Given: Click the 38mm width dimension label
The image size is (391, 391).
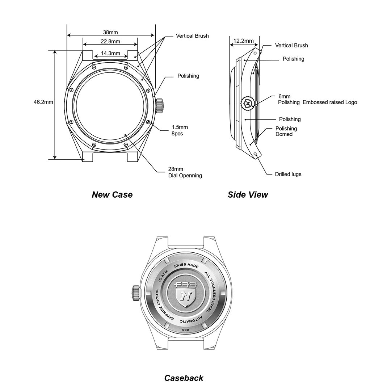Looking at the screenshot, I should (x=110, y=32).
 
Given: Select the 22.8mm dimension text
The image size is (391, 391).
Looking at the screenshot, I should (x=110, y=41).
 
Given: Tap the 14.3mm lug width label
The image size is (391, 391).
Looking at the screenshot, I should (x=110, y=53).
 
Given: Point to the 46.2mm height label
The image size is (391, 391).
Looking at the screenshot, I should (x=43, y=102).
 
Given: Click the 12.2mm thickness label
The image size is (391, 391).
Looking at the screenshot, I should (x=244, y=41).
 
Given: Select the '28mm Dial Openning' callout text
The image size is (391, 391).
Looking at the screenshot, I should (x=185, y=172).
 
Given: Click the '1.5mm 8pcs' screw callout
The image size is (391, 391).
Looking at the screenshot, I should (x=180, y=130).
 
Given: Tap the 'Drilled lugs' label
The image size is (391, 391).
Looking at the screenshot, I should (x=288, y=174).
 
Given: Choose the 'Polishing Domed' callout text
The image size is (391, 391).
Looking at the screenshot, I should (x=286, y=131).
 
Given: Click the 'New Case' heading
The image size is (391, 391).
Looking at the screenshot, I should (x=112, y=195).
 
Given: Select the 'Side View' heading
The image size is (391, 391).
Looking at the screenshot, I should (x=248, y=195).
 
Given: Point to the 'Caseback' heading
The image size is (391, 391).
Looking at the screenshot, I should (x=184, y=378).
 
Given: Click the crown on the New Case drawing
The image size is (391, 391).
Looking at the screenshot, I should (x=160, y=105).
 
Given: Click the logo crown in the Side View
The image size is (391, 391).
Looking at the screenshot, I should (x=248, y=103).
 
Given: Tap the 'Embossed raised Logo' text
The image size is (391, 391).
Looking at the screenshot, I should (x=330, y=102).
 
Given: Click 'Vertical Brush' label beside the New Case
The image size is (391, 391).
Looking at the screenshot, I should (x=192, y=36).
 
